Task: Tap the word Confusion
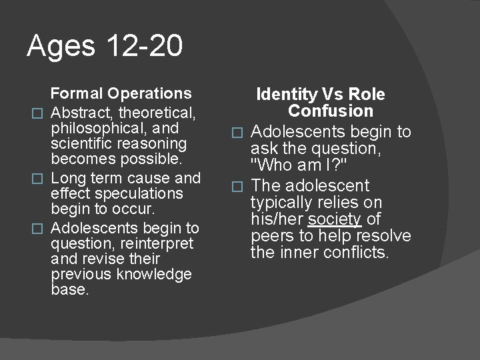[x=331, y=111]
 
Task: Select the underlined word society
[x=335, y=219]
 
